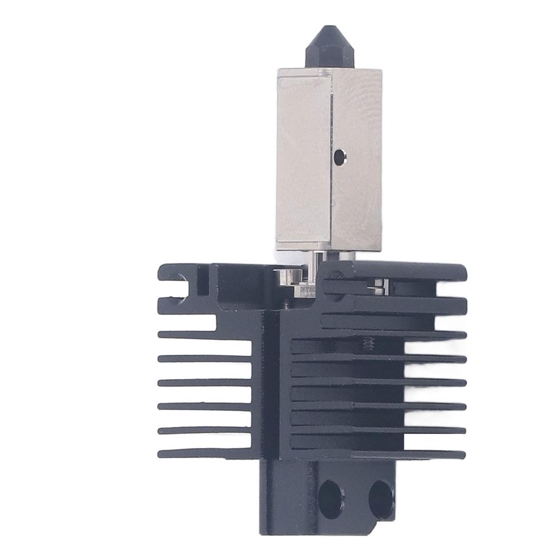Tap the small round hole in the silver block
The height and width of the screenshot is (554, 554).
coord(340,157)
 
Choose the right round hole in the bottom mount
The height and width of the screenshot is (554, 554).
coord(381,498)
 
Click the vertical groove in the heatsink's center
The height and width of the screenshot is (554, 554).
coord(271,390)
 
